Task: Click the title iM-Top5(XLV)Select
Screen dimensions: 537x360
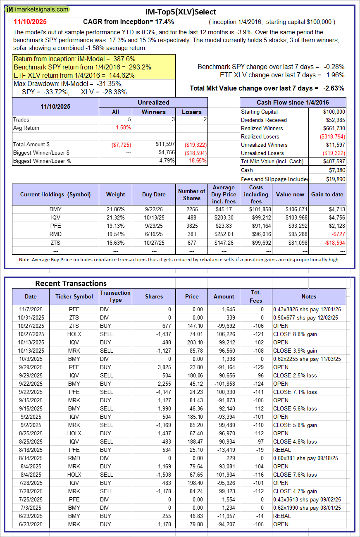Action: click(x=181, y=12)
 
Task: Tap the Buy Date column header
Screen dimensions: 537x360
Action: click(x=154, y=194)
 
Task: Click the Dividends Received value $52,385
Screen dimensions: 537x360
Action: click(x=334, y=120)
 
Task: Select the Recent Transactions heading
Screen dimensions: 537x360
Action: click(x=71, y=283)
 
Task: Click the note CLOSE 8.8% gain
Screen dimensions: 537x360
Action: click(x=295, y=334)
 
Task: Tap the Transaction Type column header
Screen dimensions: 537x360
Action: click(x=115, y=296)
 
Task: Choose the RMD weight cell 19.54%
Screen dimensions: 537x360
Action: click(x=115, y=234)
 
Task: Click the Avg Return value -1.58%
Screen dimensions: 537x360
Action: click(x=122, y=128)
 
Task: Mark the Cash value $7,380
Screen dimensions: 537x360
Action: click(x=337, y=170)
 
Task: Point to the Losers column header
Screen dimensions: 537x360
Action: click(x=192, y=112)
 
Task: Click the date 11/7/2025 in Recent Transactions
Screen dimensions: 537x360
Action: click(x=31, y=309)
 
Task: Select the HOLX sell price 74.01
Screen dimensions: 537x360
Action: click(x=192, y=334)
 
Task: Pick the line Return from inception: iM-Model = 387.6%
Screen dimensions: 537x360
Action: click(x=74, y=59)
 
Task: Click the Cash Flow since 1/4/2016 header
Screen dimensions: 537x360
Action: click(x=293, y=103)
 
